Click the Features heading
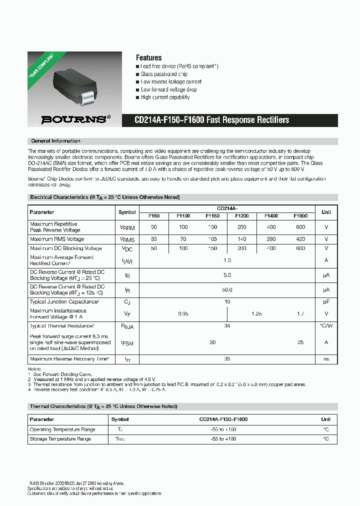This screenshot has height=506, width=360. [148, 57]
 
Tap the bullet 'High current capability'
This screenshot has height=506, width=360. [165, 97]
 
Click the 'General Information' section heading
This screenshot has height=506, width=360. [55, 141]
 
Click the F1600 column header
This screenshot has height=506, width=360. [300, 216]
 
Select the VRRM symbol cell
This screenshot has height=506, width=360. [127, 227]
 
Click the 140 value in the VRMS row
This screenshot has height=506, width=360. [242, 239]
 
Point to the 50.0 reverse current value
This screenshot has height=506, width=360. [227, 289]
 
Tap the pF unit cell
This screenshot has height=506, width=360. [326, 302]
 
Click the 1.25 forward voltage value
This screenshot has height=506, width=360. [256, 314]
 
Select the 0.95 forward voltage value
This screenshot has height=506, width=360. [183, 314]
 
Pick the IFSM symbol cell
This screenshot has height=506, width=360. [127, 343]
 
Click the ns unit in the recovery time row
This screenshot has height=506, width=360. [326, 359]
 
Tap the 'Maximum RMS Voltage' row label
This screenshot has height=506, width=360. [57, 239]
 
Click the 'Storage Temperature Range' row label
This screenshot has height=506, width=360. [60, 439]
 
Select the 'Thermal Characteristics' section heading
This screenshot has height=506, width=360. [103, 406]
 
